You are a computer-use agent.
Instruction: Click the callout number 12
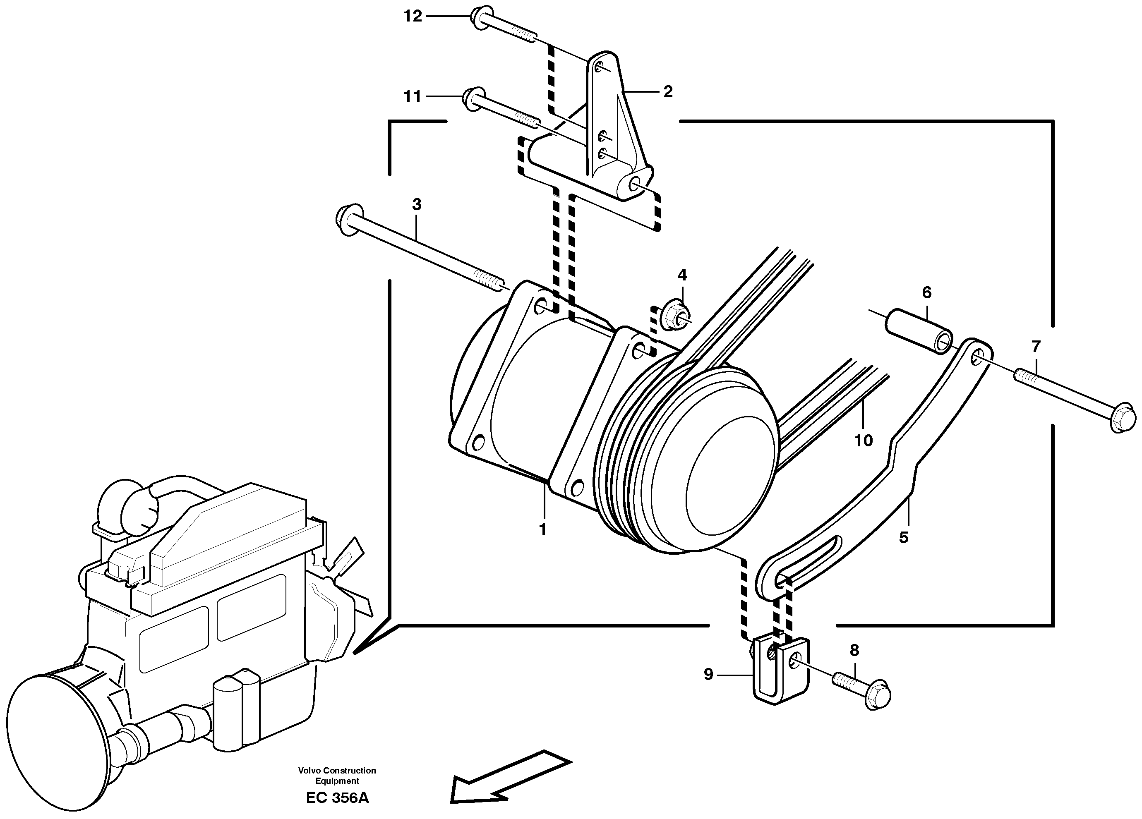tap(413, 17)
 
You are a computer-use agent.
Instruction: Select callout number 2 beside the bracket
tap(668, 91)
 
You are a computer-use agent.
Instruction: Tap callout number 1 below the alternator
tap(542, 530)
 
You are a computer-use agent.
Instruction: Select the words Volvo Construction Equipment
tap(337, 776)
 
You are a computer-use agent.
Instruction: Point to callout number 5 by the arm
tap(904, 538)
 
